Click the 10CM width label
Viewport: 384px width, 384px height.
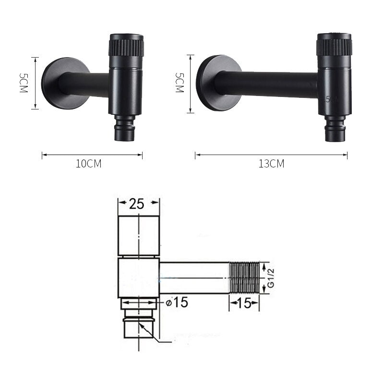89,164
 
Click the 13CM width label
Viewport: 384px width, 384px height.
271,164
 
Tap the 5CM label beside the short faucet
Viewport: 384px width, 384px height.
23,83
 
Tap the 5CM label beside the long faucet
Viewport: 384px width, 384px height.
179,83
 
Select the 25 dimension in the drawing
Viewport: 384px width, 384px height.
137,204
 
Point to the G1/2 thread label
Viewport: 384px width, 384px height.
271,278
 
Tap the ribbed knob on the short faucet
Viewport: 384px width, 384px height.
126,48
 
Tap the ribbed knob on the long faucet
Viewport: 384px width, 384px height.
334,48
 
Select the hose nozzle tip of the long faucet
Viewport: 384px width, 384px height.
334,132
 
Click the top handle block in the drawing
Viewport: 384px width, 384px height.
139,236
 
